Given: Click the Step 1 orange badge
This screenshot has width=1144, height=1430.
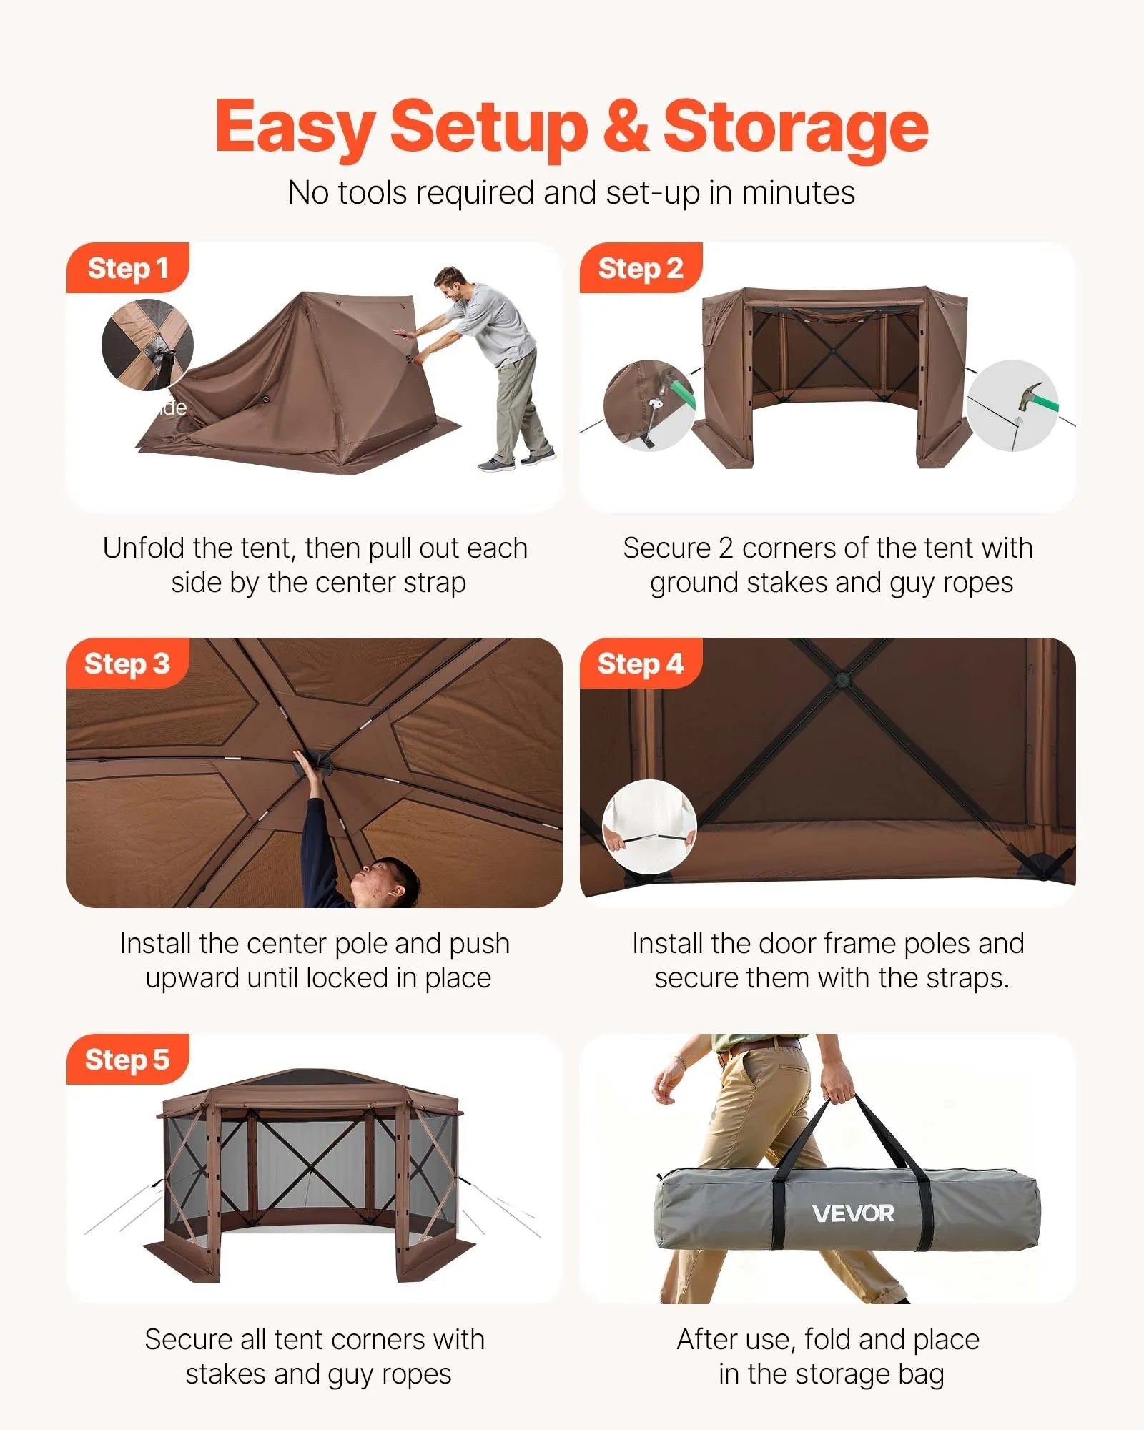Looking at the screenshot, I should [127, 268].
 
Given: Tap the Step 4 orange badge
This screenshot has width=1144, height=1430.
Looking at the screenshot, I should [640, 664].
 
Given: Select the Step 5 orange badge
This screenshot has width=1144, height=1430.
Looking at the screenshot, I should [127, 1059].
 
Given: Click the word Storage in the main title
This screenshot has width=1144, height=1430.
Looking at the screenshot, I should [795, 127].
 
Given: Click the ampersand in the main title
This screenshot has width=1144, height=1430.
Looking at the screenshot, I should [625, 127].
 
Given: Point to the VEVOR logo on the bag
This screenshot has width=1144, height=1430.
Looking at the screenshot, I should [853, 1213].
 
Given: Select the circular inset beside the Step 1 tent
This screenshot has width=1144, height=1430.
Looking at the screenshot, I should [147, 345].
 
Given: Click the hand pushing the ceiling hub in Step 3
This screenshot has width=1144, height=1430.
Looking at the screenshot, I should [306, 766].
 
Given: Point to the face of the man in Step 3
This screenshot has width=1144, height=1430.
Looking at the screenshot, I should [379, 884].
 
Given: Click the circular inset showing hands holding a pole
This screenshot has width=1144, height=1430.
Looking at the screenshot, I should [649, 827].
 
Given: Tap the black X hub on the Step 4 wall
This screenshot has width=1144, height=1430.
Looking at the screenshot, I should [842, 678].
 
